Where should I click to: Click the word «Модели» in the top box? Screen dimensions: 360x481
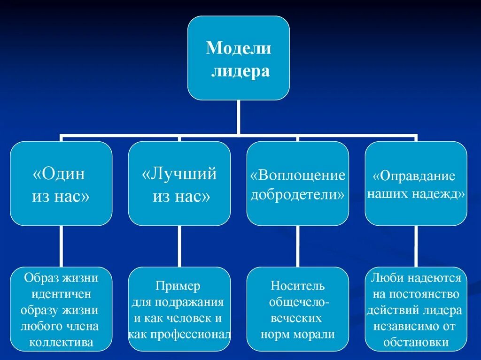coord(239,48)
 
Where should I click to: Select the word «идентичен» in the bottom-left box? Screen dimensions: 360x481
coord(61,295)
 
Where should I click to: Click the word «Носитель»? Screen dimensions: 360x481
coord(297,286)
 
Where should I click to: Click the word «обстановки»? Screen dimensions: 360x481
coord(416,343)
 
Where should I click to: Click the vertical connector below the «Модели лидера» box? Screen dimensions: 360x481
coord(239,117)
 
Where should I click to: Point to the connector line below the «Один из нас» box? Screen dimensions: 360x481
coord(61,246)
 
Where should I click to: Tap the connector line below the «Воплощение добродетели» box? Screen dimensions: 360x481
coord(297,246)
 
